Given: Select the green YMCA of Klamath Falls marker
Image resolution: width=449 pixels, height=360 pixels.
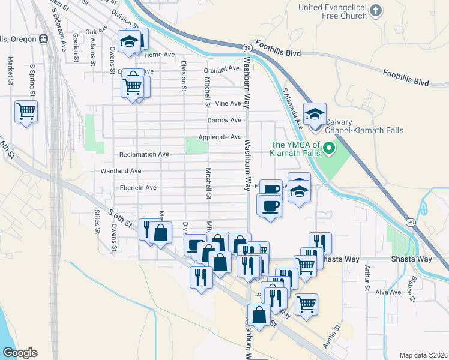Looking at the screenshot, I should tap(328, 147).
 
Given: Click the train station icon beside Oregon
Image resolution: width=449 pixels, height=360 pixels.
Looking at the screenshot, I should tap(43, 39).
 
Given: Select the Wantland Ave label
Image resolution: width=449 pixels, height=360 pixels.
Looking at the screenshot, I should tap(121, 171).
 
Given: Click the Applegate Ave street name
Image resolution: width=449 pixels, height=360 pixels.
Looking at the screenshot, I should tap(220, 137).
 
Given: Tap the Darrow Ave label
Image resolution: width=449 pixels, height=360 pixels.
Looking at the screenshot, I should tap(224, 121).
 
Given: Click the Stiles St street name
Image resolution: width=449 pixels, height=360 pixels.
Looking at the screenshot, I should tap(95, 221).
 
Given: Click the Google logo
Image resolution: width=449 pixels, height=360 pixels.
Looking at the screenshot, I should tap(20, 353).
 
